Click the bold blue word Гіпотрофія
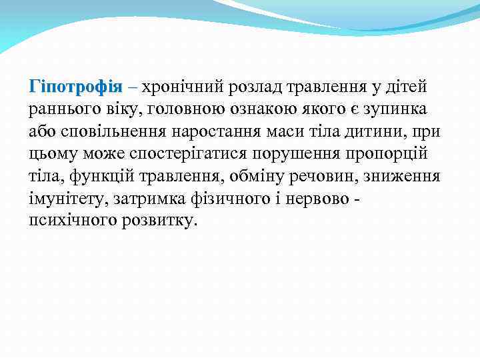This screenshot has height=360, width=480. [x=75, y=87]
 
